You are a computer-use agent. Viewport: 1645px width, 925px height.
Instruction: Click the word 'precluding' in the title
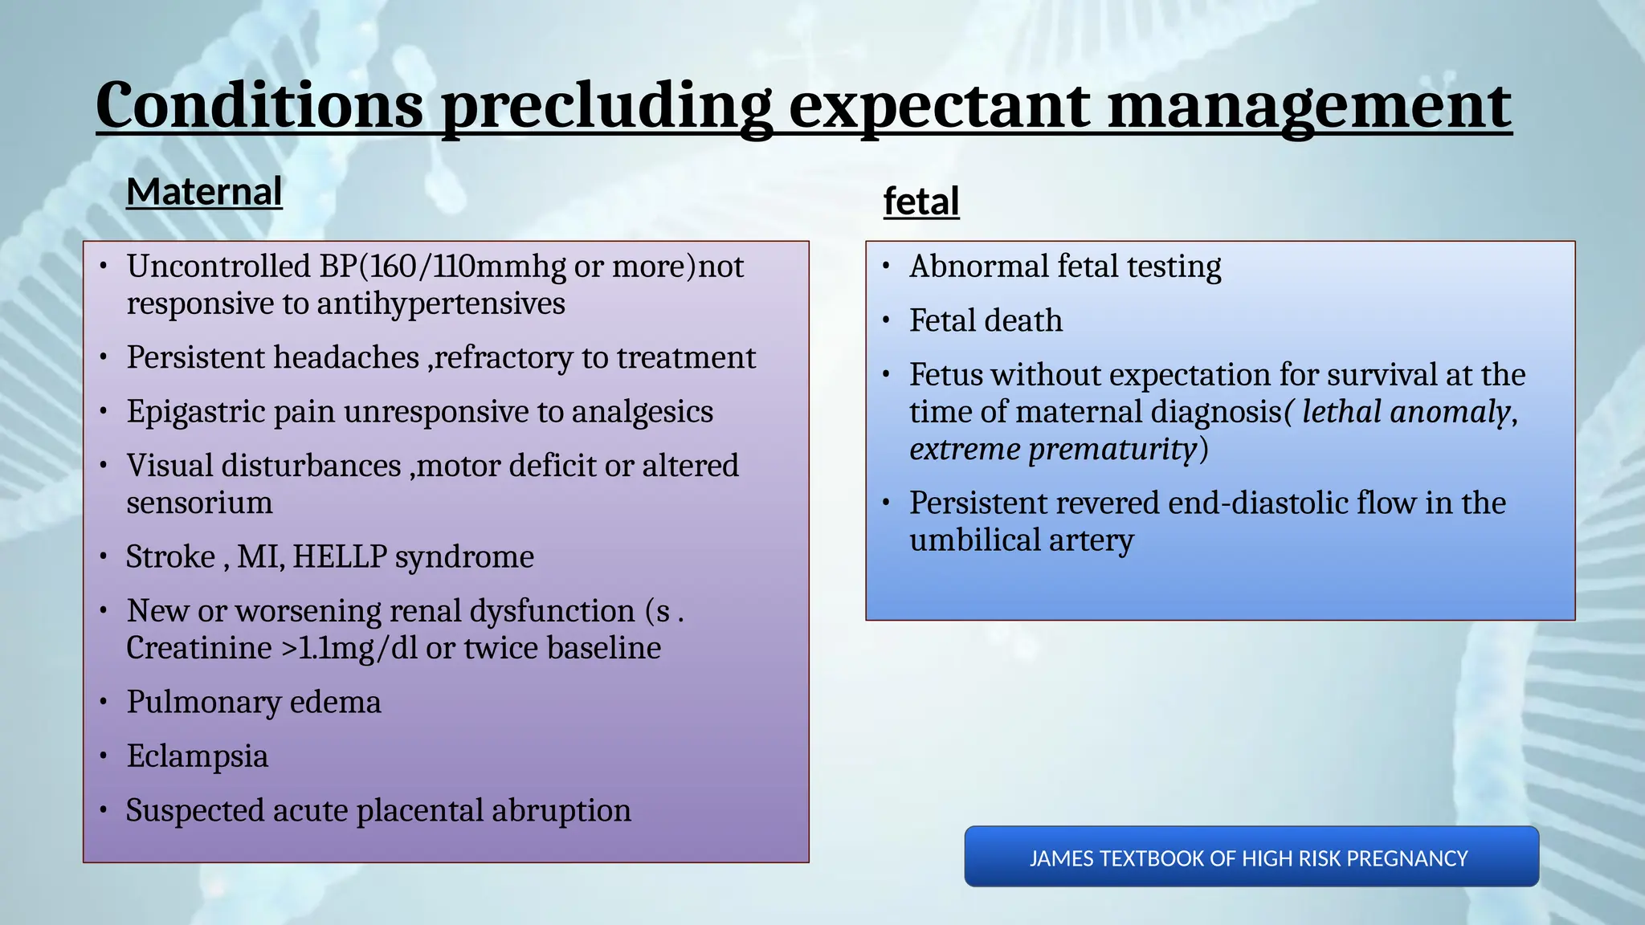(x=606, y=107)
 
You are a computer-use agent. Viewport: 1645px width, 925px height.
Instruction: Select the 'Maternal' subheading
(x=204, y=193)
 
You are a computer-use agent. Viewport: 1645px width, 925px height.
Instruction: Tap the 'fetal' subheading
(x=921, y=202)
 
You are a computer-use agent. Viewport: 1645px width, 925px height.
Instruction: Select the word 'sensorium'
(x=199, y=503)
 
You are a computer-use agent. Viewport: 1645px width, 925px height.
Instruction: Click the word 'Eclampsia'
(x=197, y=756)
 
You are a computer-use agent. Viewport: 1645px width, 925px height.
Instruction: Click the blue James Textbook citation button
(x=1251, y=858)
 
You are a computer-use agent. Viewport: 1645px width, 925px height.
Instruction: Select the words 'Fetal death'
(x=986, y=321)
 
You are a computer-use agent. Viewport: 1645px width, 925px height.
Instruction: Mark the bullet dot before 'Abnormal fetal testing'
(x=887, y=267)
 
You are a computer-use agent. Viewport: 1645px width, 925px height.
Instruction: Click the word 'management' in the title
(x=1309, y=107)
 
